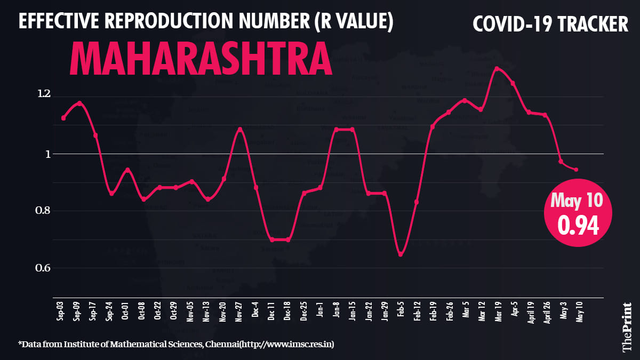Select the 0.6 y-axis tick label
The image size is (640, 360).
point(43,268)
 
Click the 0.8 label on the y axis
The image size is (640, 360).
point(43,211)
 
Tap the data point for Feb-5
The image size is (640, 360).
point(401,254)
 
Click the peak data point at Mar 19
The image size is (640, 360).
point(497,68)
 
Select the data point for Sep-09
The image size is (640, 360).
point(79,103)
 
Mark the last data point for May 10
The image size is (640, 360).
point(576,170)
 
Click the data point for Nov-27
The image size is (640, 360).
point(240,129)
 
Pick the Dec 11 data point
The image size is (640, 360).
point(272,239)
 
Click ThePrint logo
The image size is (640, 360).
point(628,326)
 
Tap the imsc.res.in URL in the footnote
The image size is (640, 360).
point(288,345)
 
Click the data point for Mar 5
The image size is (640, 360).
point(465,100)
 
